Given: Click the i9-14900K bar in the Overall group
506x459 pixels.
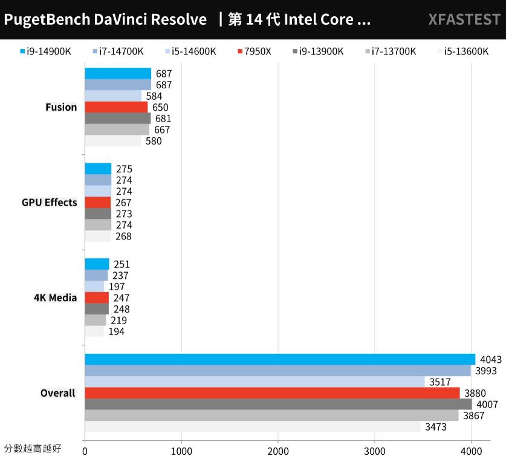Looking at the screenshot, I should (x=280, y=359).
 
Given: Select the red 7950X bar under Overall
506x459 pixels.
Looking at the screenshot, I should (x=272, y=393).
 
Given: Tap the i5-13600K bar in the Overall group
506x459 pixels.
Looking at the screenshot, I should (x=253, y=427).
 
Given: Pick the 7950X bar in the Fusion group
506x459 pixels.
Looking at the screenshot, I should (x=116, y=107).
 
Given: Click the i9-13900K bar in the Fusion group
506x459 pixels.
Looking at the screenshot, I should (x=118, y=119).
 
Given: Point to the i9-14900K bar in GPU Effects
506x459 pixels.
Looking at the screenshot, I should (x=98, y=169).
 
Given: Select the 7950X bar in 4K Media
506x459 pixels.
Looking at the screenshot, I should (x=97, y=298).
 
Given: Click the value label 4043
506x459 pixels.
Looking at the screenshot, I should (x=490, y=359).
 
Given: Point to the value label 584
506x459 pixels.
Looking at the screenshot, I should (x=154, y=96).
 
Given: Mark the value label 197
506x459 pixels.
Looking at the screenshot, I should (x=116, y=287).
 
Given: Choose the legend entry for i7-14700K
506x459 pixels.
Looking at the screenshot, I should (x=118, y=51).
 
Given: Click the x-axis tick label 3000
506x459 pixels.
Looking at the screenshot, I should (x=375, y=451).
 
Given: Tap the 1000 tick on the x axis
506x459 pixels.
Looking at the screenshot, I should (x=181, y=451).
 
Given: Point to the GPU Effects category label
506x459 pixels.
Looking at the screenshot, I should (x=50, y=203).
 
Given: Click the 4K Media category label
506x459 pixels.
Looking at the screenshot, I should (x=56, y=298).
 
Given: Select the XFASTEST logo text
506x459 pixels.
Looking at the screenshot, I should (x=464, y=19).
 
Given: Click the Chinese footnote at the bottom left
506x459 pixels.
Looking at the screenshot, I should (x=32, y=449).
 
